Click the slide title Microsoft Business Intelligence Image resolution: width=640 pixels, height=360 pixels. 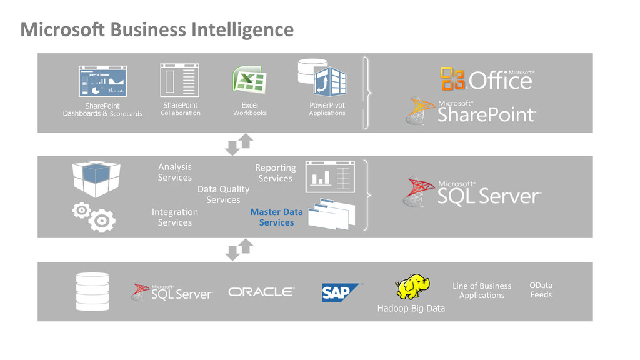tap(157, 29)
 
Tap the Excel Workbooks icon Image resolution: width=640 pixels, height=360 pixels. tap(249, 81)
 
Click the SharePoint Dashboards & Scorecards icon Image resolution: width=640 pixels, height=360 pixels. tap(102, 81)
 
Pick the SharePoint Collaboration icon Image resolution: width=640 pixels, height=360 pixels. tap(180, 80)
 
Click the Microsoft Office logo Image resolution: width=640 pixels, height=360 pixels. tap(487, 79)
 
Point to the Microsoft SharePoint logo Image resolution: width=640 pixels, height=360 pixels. tap(472, 111)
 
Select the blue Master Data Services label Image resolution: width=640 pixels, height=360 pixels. tap(276, 217)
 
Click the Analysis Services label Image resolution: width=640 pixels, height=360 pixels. tap(175, 172)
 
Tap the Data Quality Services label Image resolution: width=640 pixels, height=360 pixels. tap(223, 194)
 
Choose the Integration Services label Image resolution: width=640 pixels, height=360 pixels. tap(175, 217)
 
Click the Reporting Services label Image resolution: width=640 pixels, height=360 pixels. tap(275, 173)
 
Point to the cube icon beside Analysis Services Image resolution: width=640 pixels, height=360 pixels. tap(96, 177)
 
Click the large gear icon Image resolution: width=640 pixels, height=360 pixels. tap(102, 221)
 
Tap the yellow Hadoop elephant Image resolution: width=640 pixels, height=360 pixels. tap(412, 287)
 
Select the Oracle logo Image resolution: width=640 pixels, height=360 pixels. tap(261, 292)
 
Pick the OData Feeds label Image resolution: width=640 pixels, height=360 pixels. tap(541, 290)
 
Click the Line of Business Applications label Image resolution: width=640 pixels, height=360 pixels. tap(482, 291)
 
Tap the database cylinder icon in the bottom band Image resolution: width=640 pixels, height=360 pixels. tap(92, 291)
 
